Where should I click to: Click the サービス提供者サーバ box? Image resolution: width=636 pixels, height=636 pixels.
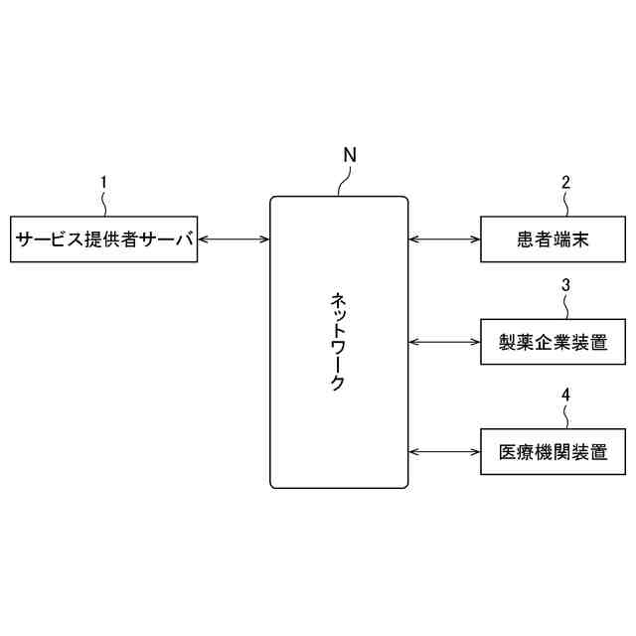click(x=104, y=238)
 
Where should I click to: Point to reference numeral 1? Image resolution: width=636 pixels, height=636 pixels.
click(x=104, y=182)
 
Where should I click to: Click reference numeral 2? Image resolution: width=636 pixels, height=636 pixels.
click(x=565, y=182)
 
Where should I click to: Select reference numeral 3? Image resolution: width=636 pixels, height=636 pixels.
click(x=565, y=285)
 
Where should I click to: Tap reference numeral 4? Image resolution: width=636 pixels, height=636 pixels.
click(x=565, y=395)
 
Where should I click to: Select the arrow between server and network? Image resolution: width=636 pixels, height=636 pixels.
click(x=234, y=238)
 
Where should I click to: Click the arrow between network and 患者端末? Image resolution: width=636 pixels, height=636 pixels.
click(x=444, y=238)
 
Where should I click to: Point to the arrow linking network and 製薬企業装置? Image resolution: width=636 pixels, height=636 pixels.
click(x=444, y=343)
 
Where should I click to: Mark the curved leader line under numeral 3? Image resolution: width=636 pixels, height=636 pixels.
click(x=565, y=307)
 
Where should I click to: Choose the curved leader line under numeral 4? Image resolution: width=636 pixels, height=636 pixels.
click(x=565, y=415)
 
